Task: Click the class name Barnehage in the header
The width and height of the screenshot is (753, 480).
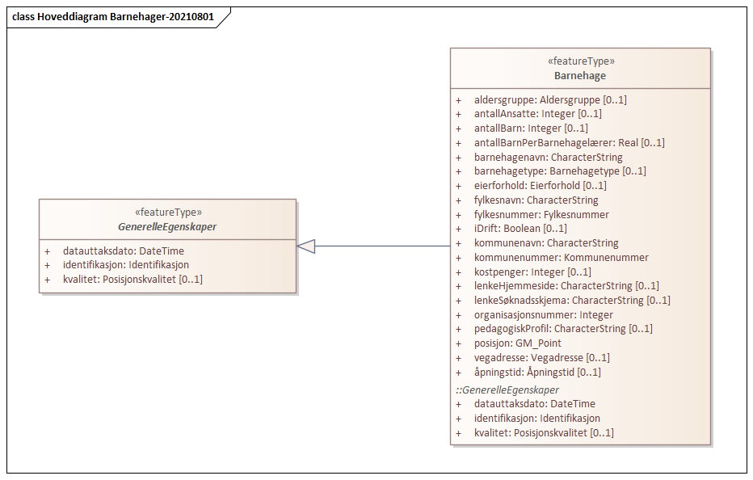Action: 579,75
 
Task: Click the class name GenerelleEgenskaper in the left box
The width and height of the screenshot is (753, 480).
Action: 166,227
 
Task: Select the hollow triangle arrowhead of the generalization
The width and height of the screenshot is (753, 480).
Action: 306,246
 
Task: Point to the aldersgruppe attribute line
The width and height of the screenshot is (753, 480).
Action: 549,100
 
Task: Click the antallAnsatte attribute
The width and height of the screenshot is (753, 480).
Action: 537,114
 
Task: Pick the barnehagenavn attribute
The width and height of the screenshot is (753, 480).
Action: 548,158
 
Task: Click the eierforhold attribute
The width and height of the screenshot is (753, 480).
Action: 540,186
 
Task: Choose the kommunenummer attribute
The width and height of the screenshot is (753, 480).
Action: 561,258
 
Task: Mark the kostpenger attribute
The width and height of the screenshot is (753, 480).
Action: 532,272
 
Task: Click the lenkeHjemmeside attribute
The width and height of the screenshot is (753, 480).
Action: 566,286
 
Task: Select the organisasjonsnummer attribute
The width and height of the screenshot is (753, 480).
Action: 543,315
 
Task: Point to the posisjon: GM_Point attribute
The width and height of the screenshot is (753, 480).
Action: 517,343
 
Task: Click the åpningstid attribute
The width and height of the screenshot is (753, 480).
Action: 536,373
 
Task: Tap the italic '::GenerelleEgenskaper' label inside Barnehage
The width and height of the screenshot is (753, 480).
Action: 507,389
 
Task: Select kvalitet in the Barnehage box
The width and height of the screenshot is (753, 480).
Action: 544,433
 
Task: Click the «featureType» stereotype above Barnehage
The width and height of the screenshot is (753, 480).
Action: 579,61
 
